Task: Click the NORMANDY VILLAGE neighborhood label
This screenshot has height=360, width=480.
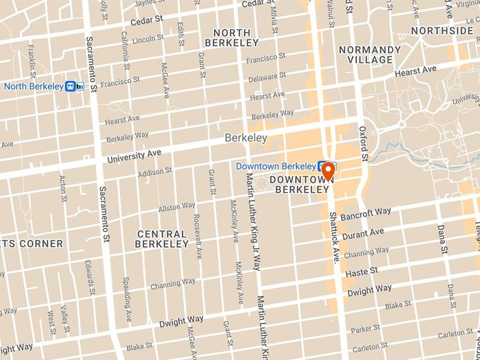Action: (x=369, y=55)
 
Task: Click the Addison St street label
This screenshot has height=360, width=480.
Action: (x=155, y=172)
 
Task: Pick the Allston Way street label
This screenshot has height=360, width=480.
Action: (x=175, y=208)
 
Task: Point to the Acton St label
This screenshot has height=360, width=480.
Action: (x=63, y=188)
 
